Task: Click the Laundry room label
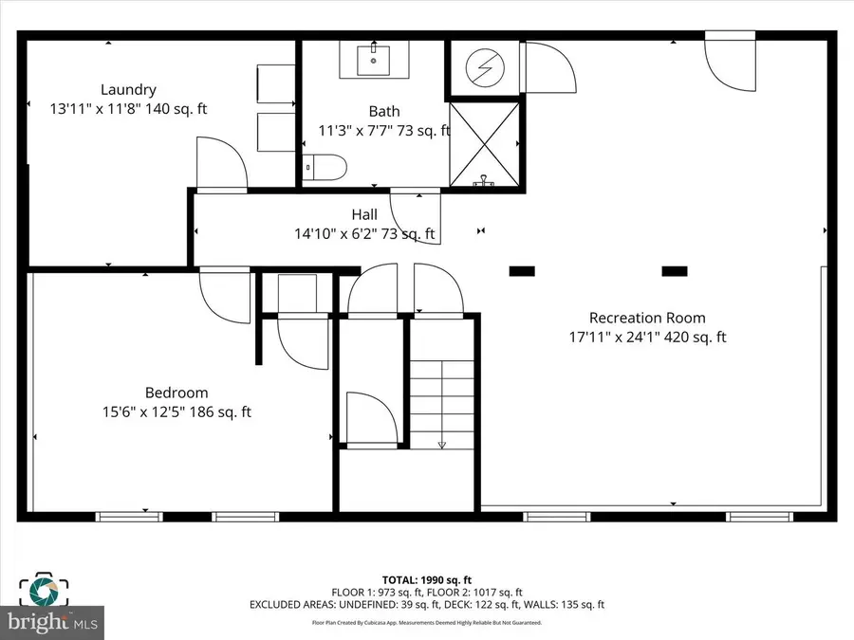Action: pos(128,90)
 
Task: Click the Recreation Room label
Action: pos(647,318)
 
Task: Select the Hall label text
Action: pos(364,215)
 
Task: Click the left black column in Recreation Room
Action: pos(521,271)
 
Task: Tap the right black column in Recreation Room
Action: pos(674,271)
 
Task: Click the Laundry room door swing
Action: pos(221,163)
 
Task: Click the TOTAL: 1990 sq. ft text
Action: pos(426,579)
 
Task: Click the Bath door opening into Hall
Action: pos(416,215)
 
